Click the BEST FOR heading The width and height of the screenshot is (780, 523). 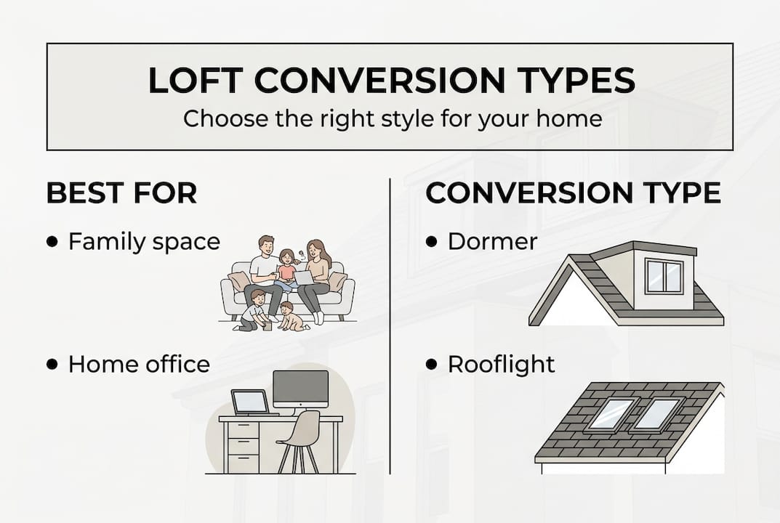coord(121,193)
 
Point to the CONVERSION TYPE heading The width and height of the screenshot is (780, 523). coord(573,193)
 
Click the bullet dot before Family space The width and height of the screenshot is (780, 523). coord(52,242)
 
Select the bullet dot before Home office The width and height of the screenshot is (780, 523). coord(52,365)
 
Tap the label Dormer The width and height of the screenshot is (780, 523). coord(492,242)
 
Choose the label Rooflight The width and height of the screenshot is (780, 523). coord(501,365)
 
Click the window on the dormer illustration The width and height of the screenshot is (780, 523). coord(664,277)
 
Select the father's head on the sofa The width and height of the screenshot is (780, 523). coord(266,246)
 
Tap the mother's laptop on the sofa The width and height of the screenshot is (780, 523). coord(303,277)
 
